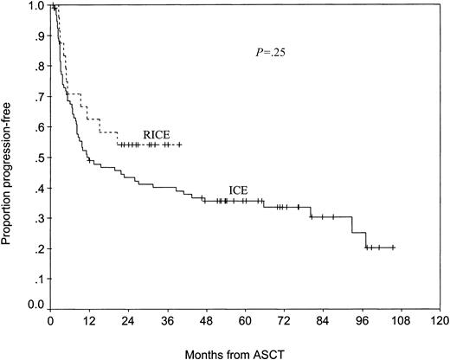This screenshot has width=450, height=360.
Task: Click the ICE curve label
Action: pos(240,190)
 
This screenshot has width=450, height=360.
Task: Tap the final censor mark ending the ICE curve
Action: pos(393,247)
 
